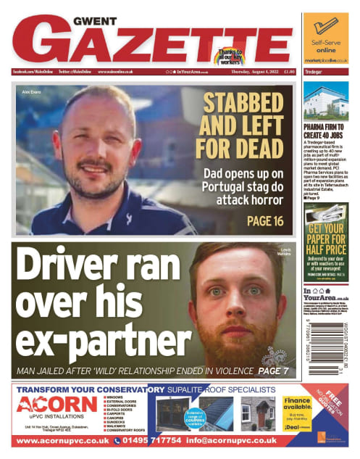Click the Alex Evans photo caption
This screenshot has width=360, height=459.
31,92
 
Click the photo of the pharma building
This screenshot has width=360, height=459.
326,101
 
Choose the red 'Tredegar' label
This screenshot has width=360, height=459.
314,72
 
